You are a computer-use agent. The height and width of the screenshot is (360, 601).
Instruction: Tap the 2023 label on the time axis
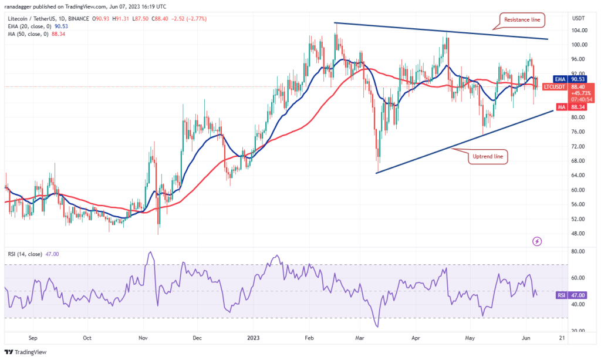click(253, 338)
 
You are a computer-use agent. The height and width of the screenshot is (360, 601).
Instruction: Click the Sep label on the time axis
click(33, 338)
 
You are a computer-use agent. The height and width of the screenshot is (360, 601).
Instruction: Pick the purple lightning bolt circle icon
click(536, 241)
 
